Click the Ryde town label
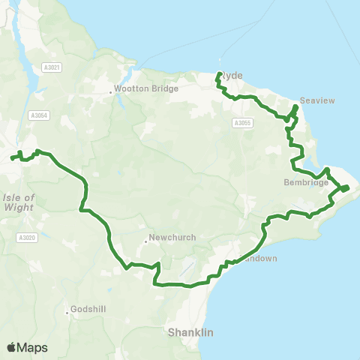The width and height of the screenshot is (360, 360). point(229,76)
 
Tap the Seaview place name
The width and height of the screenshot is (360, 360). point(312,100)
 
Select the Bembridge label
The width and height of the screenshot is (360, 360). point(306,182)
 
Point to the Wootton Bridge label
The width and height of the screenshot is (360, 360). point(148,88)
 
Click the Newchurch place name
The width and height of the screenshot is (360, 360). point(172,238)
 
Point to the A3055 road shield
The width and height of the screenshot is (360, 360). point(241,123)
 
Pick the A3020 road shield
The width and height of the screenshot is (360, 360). point(26,238)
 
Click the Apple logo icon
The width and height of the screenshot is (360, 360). point(12,347)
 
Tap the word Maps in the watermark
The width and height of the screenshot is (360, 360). point(33,347)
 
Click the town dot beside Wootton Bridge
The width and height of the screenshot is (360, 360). point(111,92)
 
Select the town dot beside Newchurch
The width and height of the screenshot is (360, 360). point(145,241)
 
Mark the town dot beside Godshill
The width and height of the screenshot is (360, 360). point(68,313)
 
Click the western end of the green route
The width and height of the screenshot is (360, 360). point(11,158)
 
